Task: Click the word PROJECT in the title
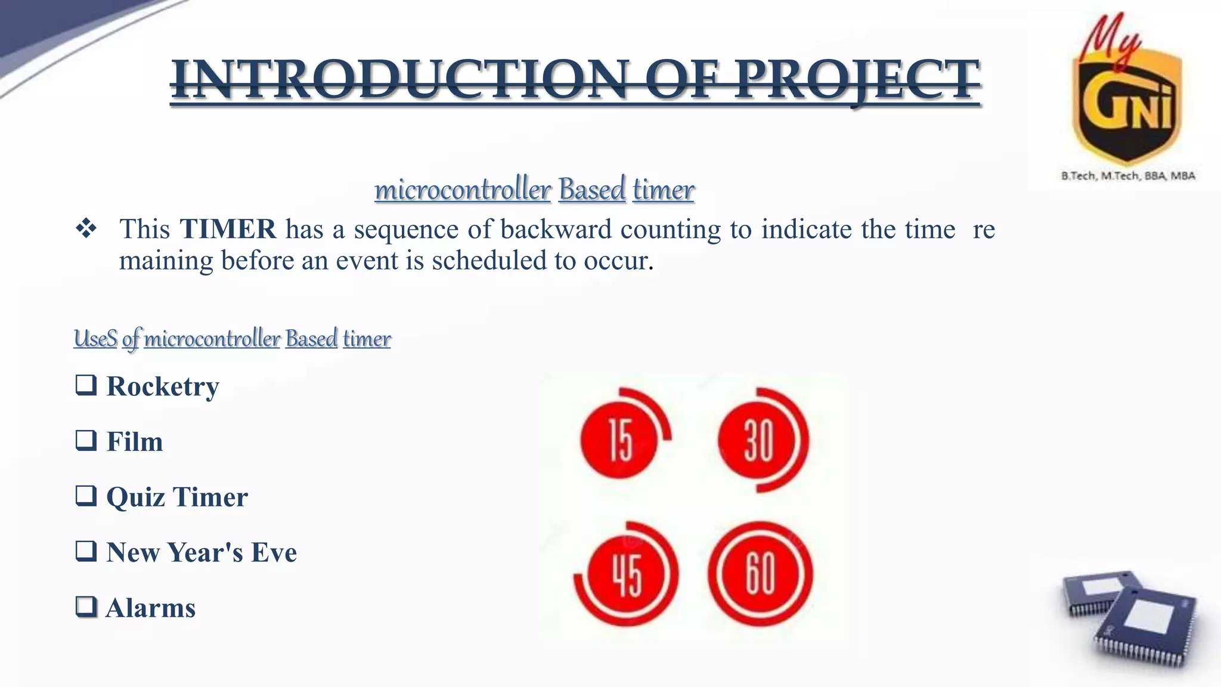click(857, 81)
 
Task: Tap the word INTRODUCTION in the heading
click(399, 81)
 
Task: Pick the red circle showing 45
click(627, 574)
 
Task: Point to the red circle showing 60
click(760, 574)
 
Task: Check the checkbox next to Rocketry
click(86, 385)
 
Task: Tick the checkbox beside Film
click(86, 441)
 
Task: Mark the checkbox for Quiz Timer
click(86, 496)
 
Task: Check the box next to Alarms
click(86, 607)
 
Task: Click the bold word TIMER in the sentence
click(228, 229)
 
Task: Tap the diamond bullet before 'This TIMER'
click(86, 229)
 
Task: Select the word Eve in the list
click(274, 552)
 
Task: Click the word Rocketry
click(163, 386)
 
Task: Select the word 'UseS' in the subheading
click(95, 339)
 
